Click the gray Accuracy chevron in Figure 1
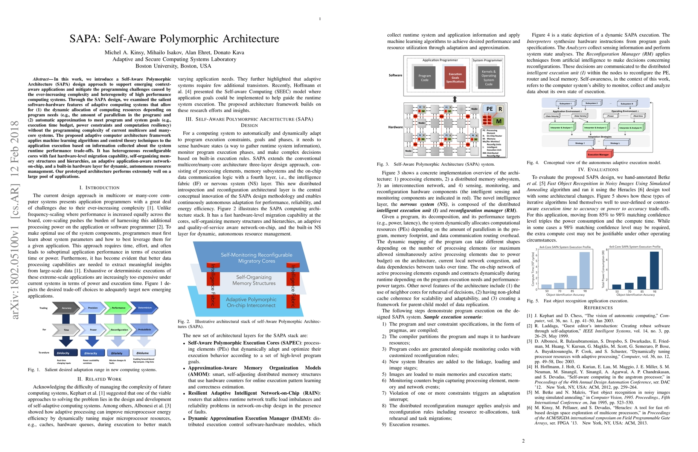[x=67, y=308]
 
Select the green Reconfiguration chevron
[x=119, y=330]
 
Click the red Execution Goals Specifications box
[x=455, y=78]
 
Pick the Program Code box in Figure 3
[x=425, y=78]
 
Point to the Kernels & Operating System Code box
[x=488, y=78]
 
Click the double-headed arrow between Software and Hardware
[x=455, y=99]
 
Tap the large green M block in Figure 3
[x=498, y=121]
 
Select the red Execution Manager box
[x=598, y=154]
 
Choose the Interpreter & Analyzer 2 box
[x=595, y=128]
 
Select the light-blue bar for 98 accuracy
[x=585, y=270]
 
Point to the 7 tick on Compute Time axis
[x=536, y=250]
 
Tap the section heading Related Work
[x=99, y=379]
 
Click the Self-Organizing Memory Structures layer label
[x=254, y=280]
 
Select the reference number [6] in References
[x=529, y=408]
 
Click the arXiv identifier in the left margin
[x=15, y=220]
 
